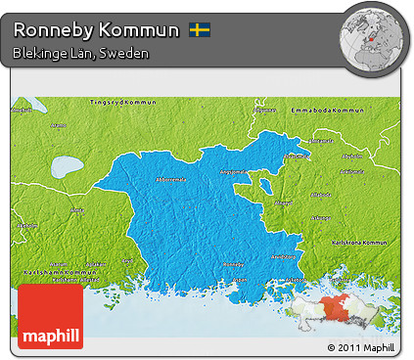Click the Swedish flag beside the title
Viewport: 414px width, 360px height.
point(200,30)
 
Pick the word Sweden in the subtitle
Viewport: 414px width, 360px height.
point(126,53)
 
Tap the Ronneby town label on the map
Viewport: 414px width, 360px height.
point(233,264)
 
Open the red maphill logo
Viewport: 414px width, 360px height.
point(50,315)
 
